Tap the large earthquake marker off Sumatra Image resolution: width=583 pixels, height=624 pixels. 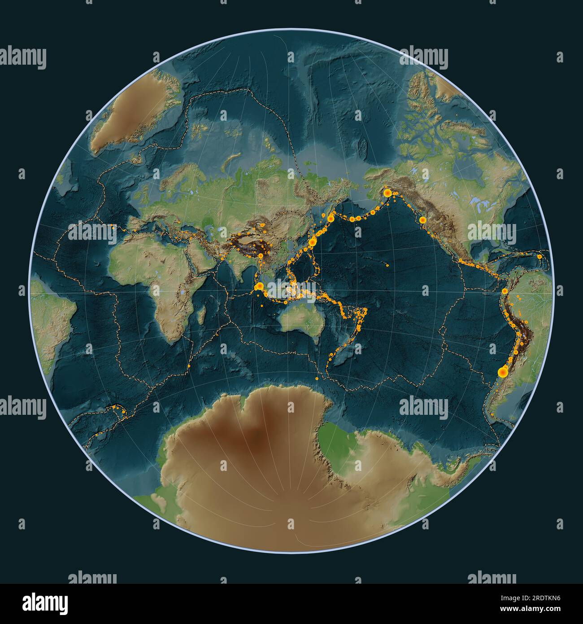258,286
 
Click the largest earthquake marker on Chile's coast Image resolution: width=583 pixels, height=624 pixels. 503,372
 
